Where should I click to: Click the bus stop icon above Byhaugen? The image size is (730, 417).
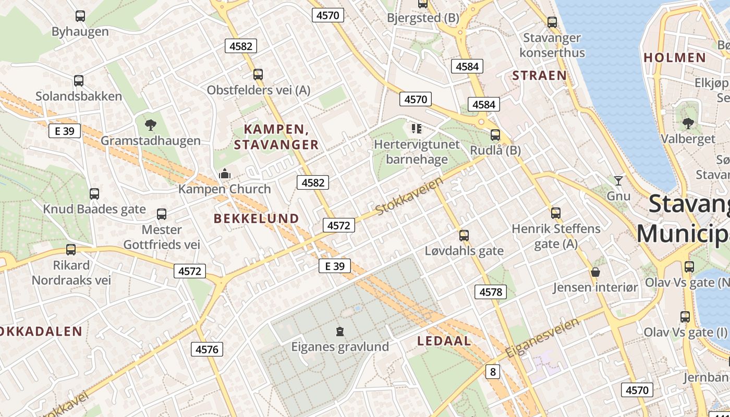click(x=80, y=16)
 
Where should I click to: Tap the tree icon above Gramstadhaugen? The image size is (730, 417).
click(x=151, y=125)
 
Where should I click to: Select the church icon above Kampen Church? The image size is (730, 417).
click(x=225, y=174)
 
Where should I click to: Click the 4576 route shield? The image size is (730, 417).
click(x=206, y=349)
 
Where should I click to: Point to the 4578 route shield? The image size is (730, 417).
click(x=490, y=292)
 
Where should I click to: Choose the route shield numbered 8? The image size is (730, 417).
click(x=493, y=372)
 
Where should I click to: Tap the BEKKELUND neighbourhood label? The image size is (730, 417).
click(x=257, y=219)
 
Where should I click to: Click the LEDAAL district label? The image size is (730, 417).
click(x=444, y=341)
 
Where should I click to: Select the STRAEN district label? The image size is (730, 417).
click(x=539, y=76)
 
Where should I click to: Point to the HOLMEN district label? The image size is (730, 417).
click(x=675, y=57)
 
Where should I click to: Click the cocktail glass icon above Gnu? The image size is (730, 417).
click(x=618, y=181)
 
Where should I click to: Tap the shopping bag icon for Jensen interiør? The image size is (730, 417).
click(x=595, y=272)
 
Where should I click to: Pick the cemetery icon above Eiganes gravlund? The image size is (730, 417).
click(x=340, y=331)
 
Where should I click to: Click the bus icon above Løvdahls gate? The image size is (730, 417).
click(x=464, y=236)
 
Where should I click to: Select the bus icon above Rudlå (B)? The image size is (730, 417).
click(x=495, y=135)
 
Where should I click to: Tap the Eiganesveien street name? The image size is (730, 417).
click(x=542, y=338)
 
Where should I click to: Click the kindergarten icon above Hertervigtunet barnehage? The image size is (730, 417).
click(x=416, y=128)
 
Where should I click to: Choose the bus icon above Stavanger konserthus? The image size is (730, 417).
click(x=552, y=22)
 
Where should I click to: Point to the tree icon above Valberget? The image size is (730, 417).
click(x=688, y=124)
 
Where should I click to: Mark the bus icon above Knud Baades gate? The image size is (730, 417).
click(x=94, y=194)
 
